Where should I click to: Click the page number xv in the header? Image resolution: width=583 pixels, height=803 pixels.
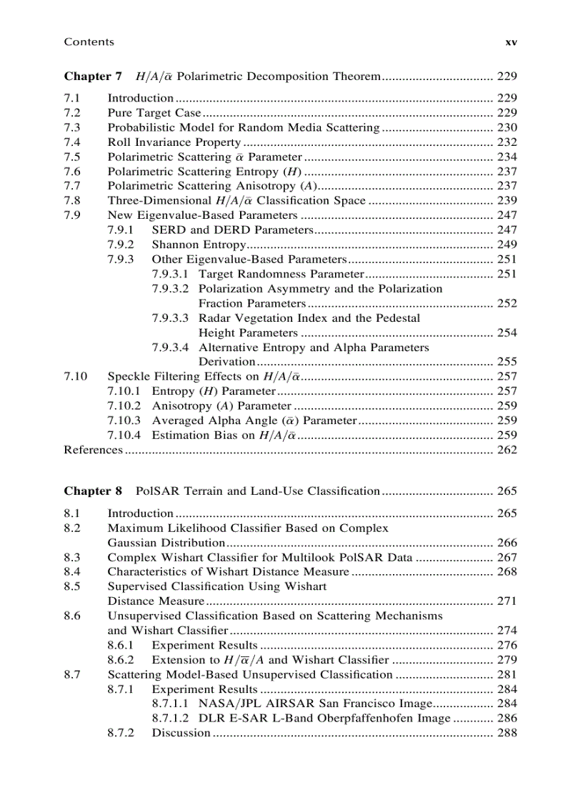[511, 42]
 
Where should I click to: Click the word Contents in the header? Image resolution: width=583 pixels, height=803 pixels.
[89, 42]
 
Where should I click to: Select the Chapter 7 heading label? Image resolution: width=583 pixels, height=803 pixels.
[93, 77]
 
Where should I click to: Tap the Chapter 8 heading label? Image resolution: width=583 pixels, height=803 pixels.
[93, 491]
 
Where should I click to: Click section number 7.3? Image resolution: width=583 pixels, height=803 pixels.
[71, 128]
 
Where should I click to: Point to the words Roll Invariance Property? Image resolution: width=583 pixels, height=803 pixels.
[174, 142]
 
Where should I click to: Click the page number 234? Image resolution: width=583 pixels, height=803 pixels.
[507, 157]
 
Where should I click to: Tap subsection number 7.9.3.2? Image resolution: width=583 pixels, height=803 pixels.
[170, 289]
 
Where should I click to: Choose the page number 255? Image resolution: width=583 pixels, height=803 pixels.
[507, 362]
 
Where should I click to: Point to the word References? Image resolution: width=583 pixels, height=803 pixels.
[93, 450]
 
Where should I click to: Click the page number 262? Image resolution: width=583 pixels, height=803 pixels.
[507, 450]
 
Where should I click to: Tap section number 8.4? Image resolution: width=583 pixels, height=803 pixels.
[71, 572]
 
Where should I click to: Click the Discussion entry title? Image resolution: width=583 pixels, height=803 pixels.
[181, 734]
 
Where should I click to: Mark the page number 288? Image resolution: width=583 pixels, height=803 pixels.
[507, 734]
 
